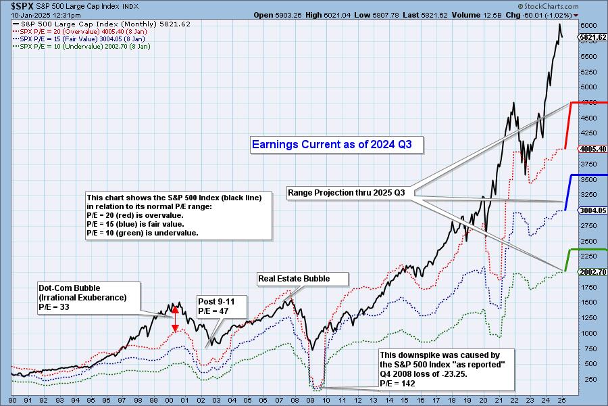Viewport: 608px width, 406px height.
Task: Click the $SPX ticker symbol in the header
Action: (x=15, y=5)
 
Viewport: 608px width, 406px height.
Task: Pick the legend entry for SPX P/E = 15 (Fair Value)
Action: (x=85, y=39)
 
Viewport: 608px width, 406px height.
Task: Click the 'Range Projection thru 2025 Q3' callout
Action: (x=347, y=193)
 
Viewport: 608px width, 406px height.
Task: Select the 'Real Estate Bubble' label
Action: (x=303, y=279)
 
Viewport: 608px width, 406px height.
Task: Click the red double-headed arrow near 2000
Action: (x=176, y=318)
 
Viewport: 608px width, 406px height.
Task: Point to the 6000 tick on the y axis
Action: (x=588, y=25)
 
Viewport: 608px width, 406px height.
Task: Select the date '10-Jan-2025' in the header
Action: (x=21, y=15)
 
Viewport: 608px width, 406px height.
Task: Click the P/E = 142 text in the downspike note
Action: (x=397, y=384)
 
